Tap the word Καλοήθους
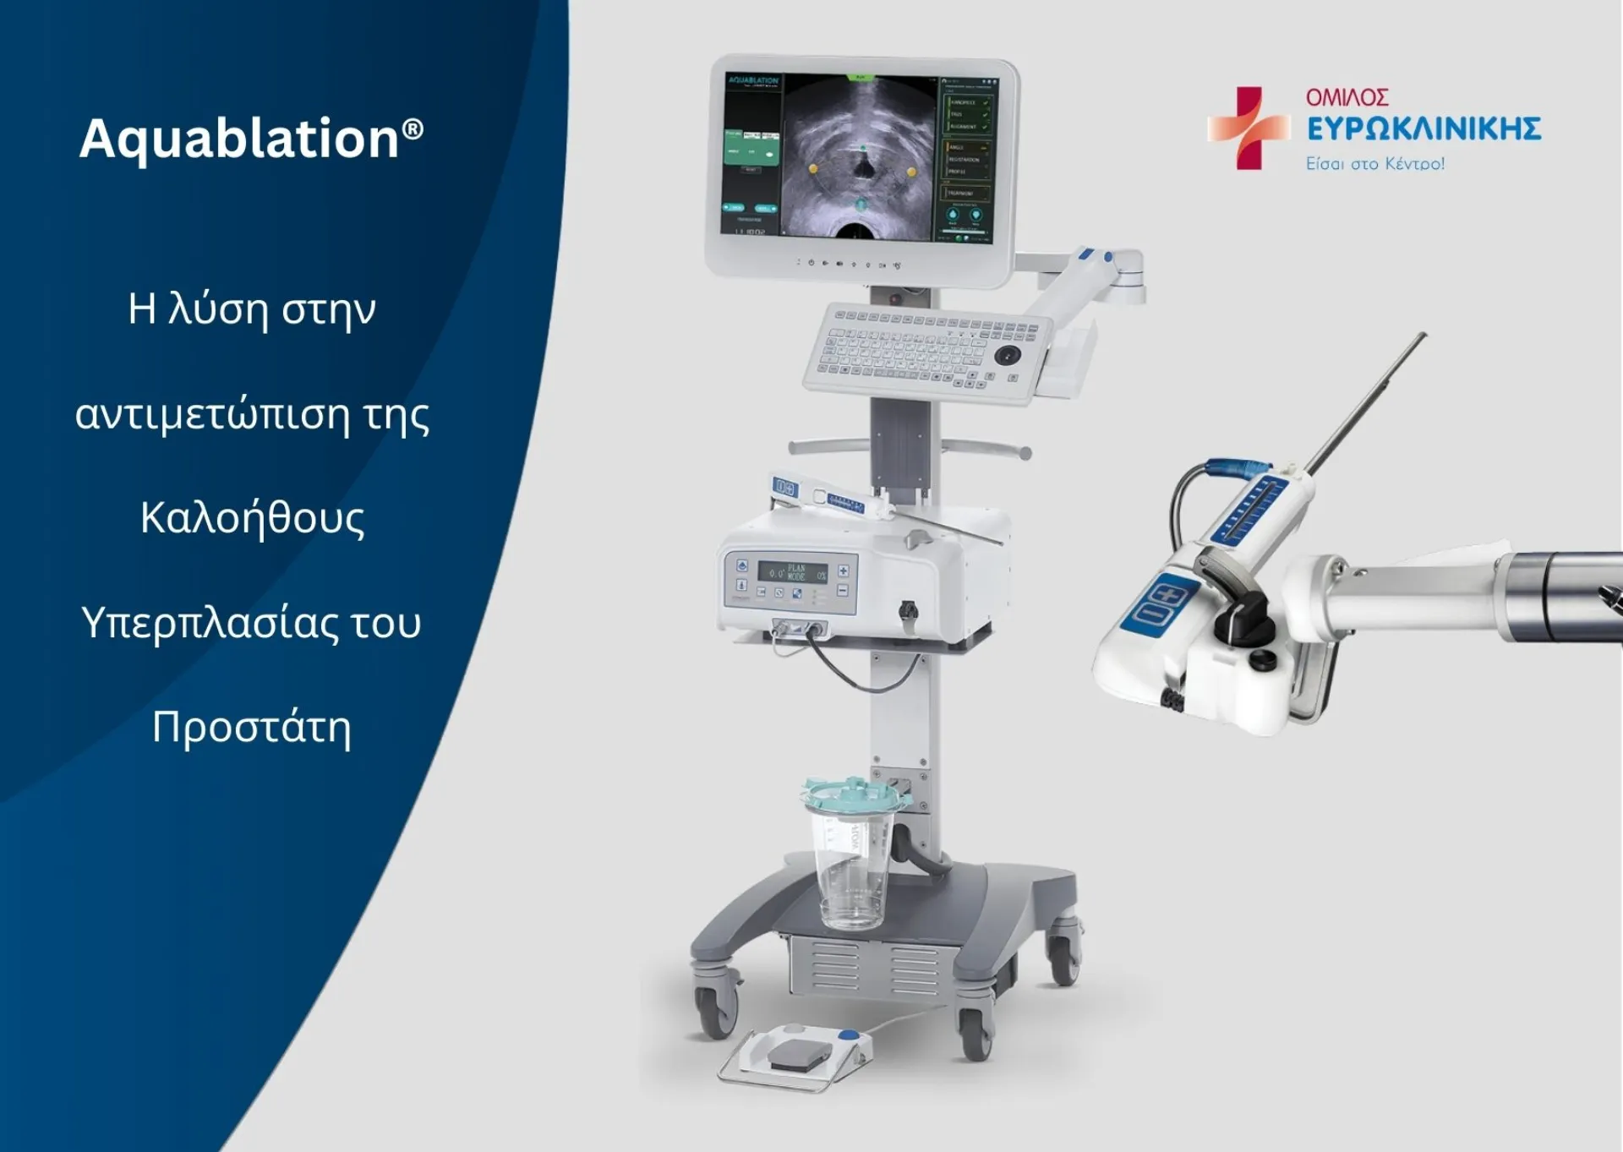[252, 517]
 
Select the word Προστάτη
[251, 727]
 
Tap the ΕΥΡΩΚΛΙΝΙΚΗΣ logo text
[1424, 129]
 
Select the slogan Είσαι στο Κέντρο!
[1374, 164]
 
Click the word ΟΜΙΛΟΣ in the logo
[1347, 98]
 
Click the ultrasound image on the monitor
[860, 156]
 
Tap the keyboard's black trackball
[1007, 355]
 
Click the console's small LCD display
[792, 572]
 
